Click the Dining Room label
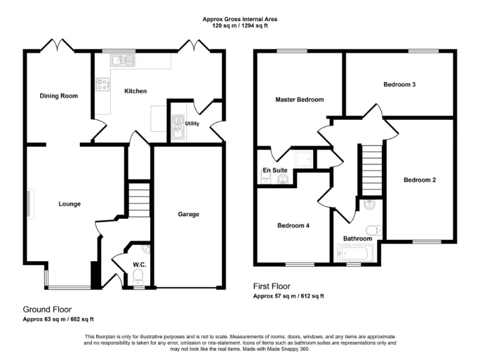point(59,96)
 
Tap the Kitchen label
point(136,91)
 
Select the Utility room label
point(192,124)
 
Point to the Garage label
point(188,214)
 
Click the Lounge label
point(69,204)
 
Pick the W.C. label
point(139,264)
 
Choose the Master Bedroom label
point(299,100)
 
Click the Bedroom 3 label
point(400,84)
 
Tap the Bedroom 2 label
point(419,180)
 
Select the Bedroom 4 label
point(293,226)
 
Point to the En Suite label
point(274,169)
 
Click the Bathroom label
point(357,239)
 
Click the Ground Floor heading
point(47,309)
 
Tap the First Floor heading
point(272,286)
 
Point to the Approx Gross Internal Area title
point(240,19)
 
